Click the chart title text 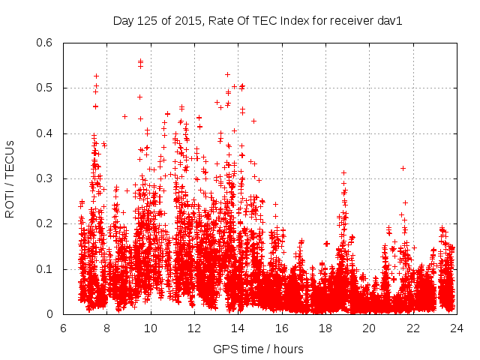pyautogui.click(x=258, y=20)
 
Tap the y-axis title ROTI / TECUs pyautogui.click(x=10, y=178)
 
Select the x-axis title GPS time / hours pyautogui.click(x=258, y=349)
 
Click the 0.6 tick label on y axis pyautogui.click(x=44, y=43)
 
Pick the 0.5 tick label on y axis pyautogui.click(x=44, y=88)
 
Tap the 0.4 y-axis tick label pyautogui.click(x=44, y=133)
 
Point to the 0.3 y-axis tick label pyautogui.click(x=44, y=178)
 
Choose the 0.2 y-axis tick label pyautogui.click(x=44, y=223)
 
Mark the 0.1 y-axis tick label pyautogui.click(x=44, y=269)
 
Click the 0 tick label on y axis pyautogui.click(x=49, y=314)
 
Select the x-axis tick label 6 pyautogui.click(x=63, y=328)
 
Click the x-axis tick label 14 pyautogui.click(x=238, y=328)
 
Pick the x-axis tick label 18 pyautogui.click(x=325, y=328)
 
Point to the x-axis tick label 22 pyautogui.click(x=412, y=328)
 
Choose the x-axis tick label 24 pyautogui.click(x=456, y=328)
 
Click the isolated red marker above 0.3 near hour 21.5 pyautogui.click(x=403, y=168)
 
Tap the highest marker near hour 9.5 pyautogui.click(x=140, y=61)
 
